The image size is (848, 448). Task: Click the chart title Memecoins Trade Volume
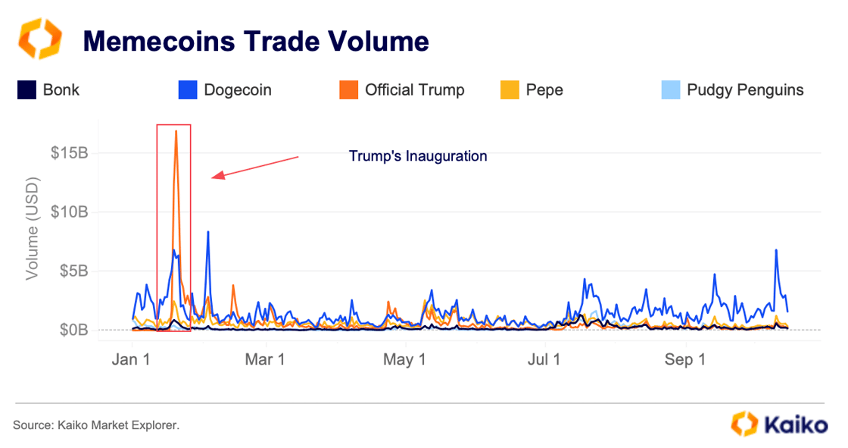click(255, 41)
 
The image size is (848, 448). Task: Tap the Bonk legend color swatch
click(26, 90)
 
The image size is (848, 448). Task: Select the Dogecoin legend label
click(237, 90)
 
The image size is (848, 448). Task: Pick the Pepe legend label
click(544, 90)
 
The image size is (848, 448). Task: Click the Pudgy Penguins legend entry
click(745, 90)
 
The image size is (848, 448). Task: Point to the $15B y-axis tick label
click(70, 152)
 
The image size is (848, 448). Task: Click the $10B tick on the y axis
click(70, 211)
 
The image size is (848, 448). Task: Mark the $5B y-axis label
click(73, 271)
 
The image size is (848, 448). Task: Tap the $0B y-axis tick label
click(73, 331)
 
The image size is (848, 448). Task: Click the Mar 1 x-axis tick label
click(265, 360)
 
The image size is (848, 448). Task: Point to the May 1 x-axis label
click(404, 360)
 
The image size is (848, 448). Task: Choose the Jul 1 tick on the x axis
click(543, 360)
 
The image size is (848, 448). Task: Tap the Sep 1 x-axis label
click(684, 360)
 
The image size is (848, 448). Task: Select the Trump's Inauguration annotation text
click(417, 156)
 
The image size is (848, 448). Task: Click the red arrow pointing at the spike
click(255, 168)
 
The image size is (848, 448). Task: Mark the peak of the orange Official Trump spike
click(176, 131)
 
